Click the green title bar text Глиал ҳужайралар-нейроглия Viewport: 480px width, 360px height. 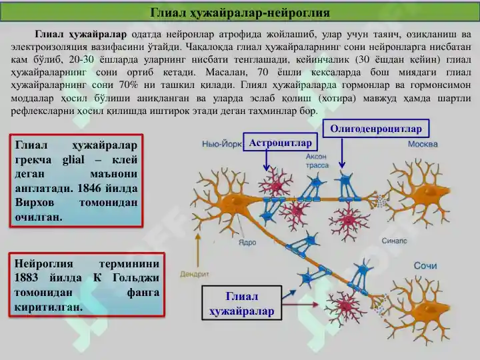tap(240, 13)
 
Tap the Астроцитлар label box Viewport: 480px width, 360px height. tap(281, 142)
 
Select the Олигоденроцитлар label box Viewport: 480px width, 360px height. tap(376, 129)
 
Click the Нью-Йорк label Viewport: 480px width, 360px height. tap(222, 144)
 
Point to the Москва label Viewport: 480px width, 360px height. tap(423, 144)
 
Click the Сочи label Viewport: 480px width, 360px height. tap(425, 265)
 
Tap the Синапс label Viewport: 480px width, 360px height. tap(394, 241)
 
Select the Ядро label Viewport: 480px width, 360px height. tap(247, 243)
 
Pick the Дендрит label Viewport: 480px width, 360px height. tap(195, 274)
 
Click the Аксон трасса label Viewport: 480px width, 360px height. tap(317, 161)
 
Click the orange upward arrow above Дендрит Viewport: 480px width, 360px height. tap(198, 250)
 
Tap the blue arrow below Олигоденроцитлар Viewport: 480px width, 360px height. tap(342, 153)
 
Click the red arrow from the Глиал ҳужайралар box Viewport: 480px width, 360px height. tap(300, 304)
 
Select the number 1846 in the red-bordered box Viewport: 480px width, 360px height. tap(89, 188)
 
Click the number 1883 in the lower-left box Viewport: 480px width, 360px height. tap(26, 277)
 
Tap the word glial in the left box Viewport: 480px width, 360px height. tap(73, 160)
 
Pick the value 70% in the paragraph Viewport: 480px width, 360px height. tap(129, 85)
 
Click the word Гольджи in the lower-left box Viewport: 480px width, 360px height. tap(136, 278)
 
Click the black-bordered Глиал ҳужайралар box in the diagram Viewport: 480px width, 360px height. tap(241, 303)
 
